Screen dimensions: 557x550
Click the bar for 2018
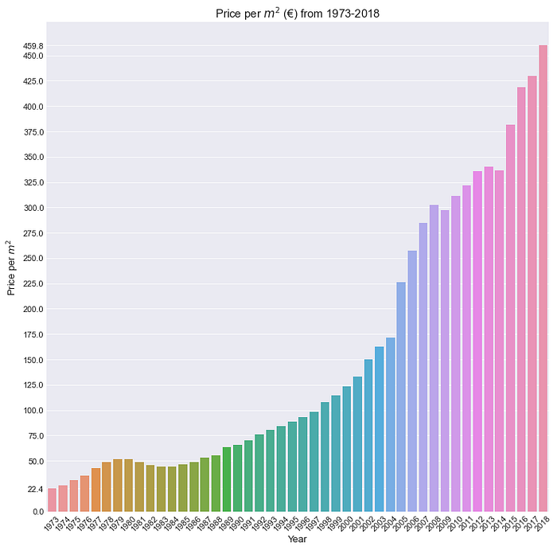(x=543, y=279)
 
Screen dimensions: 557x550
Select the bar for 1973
(x=53, y=500)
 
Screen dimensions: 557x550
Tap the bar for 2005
(x=401, y=397)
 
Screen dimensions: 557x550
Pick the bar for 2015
(x=510, y=318)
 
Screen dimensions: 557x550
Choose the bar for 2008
(x=434, y=358)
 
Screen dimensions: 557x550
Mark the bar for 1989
(x=227, y=479)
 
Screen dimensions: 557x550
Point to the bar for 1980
(x=129, y=486)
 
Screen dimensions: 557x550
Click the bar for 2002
(x=368, y=435)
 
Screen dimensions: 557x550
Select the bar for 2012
(x=477, y=341)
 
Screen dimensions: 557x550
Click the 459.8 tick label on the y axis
(x=33, y=46)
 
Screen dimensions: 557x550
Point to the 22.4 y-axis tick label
(x=36, y=490)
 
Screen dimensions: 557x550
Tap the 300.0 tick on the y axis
(x=33, y=208)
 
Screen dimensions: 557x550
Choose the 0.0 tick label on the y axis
(x=38, y=512)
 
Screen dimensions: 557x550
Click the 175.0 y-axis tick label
(x=33, y=334)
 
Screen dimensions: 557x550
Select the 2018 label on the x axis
(x=543, y=524)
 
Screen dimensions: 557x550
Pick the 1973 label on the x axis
(x=52, y=524)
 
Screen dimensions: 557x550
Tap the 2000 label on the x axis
(x=346, y=524)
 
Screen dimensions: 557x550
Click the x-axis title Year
(x=298, y=539)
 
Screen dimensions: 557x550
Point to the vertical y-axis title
(x=10, y=268)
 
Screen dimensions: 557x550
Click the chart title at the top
(x=298, y=14)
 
